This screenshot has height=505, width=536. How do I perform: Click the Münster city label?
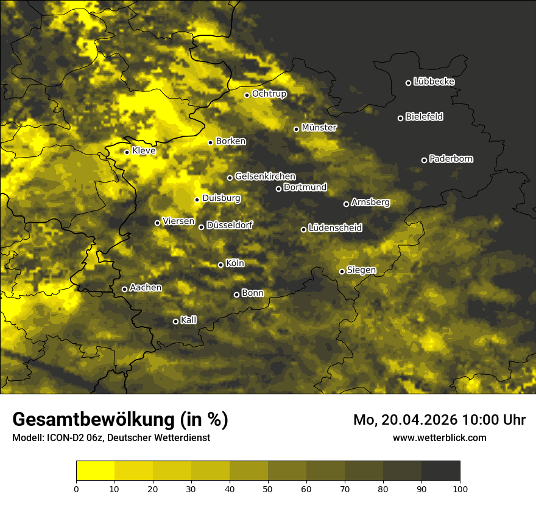tap(319, 128)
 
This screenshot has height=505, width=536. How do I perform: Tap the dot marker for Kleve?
tap(127, 152)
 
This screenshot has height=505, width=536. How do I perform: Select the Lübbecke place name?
tap(434, 82)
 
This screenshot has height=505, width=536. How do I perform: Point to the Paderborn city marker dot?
tap(424, 160)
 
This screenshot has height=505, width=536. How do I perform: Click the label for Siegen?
tap(361, 270)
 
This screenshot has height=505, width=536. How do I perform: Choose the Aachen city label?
tap(146, 288)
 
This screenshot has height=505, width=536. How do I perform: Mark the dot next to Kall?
tap(175, 321)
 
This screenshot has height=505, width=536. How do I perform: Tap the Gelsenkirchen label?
tap(265, 176)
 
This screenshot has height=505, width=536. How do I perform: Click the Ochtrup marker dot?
tap(247, 95)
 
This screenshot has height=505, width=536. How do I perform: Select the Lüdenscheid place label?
tap(335, 228)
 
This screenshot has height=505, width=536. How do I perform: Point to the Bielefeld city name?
tap(424, 117)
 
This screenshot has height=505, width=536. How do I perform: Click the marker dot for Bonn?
tap(236, 294)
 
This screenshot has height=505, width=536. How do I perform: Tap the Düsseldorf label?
tap(230, 225)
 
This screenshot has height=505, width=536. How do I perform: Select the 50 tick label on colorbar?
tap(268, 488)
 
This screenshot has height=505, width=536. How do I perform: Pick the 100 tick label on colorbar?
tap(460, 488)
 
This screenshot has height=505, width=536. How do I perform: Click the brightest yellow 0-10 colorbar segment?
tap(95, 471)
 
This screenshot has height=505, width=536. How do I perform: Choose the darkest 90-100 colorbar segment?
tap(440, 471)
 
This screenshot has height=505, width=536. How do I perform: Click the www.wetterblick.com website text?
tap(439, 437)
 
